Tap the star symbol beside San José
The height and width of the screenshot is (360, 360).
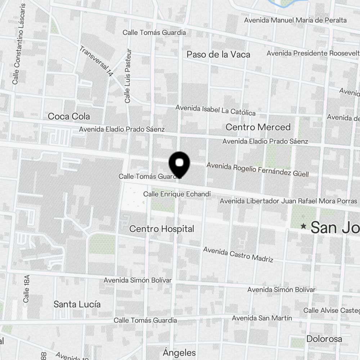click(304, 226)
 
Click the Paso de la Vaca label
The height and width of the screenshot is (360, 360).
click(218, 55)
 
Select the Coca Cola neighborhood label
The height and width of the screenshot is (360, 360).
click(69, 117)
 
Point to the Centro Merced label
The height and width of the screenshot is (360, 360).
click(258, 127)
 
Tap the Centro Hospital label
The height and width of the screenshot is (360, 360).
click(162, 229)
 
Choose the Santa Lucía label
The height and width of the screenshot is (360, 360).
click(77, 304)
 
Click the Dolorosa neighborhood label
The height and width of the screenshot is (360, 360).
click(324, 339)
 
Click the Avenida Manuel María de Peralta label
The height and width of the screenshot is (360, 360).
click(295, 20)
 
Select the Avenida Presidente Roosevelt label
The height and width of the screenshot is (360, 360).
click(312, 53)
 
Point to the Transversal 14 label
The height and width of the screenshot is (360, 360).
click(96, 61)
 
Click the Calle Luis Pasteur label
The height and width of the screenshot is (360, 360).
click(128, 76)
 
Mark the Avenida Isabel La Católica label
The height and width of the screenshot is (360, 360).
click(215, 111)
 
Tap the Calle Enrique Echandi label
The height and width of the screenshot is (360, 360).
click(177, 194)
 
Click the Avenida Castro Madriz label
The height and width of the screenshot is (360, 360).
click(238, 254)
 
